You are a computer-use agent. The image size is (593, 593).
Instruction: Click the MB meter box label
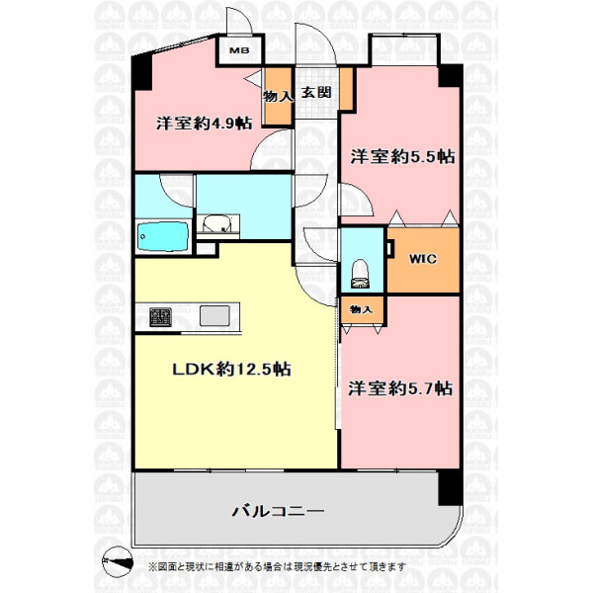tap(239, 50)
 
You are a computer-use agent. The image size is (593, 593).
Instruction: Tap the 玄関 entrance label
tap(316, 93)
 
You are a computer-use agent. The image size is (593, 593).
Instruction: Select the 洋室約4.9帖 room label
tap(205, 124)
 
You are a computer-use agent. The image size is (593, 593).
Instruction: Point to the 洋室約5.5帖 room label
tap(402, 156)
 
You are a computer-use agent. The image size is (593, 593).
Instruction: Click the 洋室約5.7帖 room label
tap(400, 388)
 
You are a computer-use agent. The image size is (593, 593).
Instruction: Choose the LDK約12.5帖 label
tap(231, 369)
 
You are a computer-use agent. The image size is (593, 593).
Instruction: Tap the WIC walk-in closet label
tap(423, 259)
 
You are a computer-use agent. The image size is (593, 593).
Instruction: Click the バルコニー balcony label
tap(278, 512)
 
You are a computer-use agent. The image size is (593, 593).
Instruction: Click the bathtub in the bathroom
tap(163, 236)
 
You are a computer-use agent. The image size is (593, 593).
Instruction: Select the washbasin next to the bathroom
tap(216, 224)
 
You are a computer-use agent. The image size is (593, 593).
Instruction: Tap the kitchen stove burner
tap(160, 317)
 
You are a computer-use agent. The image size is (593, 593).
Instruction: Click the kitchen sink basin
tap(214, 316)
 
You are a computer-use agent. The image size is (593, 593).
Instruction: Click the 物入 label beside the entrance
tap(279, 97)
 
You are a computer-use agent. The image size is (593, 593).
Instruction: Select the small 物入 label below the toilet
tap(362, 309)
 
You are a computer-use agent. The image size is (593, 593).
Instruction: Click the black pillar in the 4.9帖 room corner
tap(141, 72)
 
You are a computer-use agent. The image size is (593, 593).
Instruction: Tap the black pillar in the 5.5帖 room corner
tap(451, 76)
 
